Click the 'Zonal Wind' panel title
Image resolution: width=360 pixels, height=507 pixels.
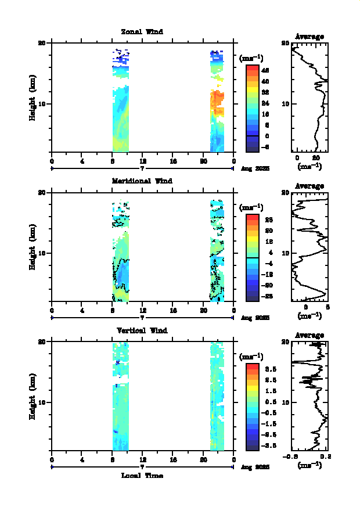[142, 31]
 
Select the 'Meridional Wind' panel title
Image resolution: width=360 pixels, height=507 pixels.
[142, 181]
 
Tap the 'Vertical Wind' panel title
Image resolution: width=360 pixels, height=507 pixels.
[142, 330]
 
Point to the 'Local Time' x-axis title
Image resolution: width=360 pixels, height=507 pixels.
[142, 476]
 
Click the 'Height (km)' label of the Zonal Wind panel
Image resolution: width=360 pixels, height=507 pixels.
[33, 97]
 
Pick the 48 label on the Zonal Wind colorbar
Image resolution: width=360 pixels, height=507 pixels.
[265, 70]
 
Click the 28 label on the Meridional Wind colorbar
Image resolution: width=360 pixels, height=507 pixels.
[265, 220]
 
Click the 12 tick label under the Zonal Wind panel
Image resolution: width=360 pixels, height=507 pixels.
[142, 161]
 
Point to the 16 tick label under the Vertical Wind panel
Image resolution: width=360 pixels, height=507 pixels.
[172, 460]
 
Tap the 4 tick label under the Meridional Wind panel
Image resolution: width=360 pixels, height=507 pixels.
[82, 311]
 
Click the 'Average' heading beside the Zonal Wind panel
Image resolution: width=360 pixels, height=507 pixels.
[309, 37]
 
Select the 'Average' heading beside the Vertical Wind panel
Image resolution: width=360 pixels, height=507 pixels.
[309, 335]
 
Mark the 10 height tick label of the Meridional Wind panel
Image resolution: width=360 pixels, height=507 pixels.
[42, 253]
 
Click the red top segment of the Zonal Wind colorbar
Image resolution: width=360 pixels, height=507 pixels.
[252, 68]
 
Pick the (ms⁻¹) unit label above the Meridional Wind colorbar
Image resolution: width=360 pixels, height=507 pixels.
[251, 207]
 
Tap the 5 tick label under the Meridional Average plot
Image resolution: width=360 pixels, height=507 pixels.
[328, 308]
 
